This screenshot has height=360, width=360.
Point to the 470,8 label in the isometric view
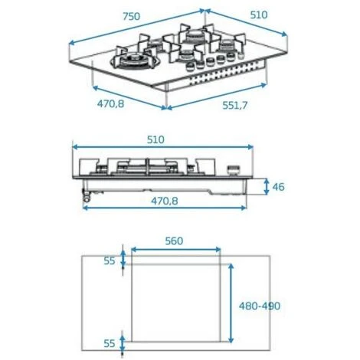pos(110,103)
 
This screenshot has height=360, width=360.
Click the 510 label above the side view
pos(155,139)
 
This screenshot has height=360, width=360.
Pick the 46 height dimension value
pos(277,187)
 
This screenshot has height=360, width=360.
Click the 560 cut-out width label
pos(174,241)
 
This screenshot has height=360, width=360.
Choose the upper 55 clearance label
pos(110,261)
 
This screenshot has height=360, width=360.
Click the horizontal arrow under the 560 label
pos(176,250)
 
